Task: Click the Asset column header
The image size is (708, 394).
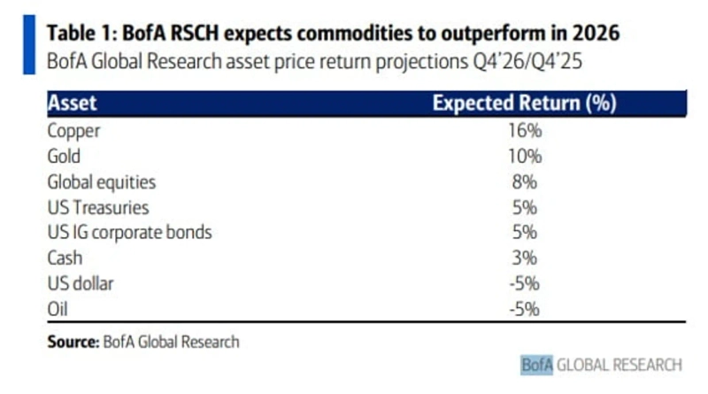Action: pyautogui.click(x=72, y=103)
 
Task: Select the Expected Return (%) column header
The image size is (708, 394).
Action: pyautogui.click(x=524, y=103)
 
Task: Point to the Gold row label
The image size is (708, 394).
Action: pyautogui.click(x=64, y=157)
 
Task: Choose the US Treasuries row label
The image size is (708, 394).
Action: pyautogui.click(x=98, y=208)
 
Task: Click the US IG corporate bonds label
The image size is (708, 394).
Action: pyautogui.click(x=129, y=234)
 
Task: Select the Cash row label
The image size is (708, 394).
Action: pyautogui.click(x=64, y=259)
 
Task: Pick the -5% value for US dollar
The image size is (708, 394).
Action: pyautogui.click(x=524, y=284)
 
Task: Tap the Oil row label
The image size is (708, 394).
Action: pyautogui.click(x=58, y=310)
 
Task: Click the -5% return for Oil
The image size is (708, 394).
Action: pyautogui.click(x=524, y=310)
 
